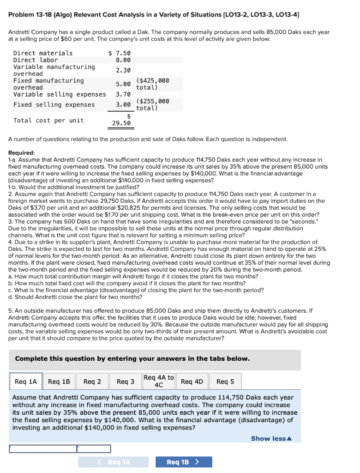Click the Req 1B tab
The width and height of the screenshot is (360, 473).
tap(59, 382)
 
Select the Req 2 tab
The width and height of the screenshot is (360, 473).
tap(93, 382)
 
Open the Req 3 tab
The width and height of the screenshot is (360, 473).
tap(126, 382)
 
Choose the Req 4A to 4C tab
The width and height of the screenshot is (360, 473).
tap(158, 381)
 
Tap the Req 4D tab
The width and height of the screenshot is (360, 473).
tap(192, 382)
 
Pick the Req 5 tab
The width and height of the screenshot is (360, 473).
tap(225, 382)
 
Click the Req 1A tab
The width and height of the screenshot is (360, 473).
tap(26, 382)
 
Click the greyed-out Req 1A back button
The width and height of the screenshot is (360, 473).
tap(114, 462)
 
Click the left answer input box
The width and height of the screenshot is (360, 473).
tap(43, 449)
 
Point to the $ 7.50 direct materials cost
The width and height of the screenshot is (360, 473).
tap(120, 53)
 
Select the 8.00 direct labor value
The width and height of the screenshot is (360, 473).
tap(123, 60)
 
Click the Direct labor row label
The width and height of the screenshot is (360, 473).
tap(36, 60)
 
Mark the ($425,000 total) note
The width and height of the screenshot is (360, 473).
tap(153, 84)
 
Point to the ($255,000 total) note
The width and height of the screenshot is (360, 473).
tap(153, 105)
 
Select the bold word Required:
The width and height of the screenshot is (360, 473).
tap(22, 152)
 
